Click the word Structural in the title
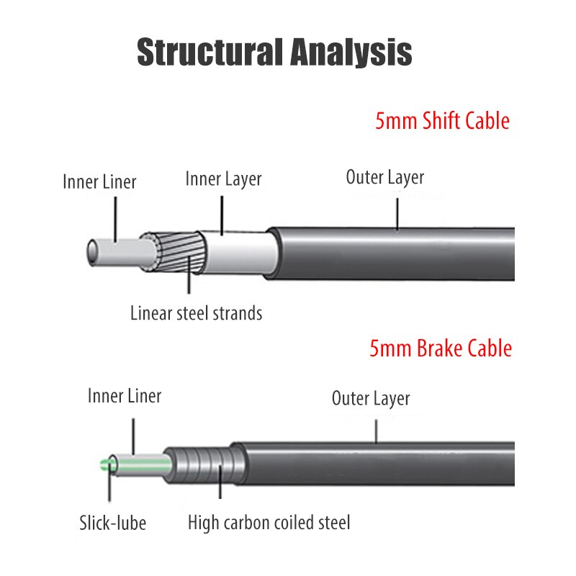(206, 53)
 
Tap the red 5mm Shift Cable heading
(441, 120)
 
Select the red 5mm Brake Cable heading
(440, 349)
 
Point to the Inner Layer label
(223, 179)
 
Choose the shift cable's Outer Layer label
(384, 176)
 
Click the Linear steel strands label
(196, 313)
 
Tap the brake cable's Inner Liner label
(125, 395)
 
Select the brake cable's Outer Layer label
(370, 398)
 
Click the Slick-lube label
(112, 522)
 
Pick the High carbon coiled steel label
(269, 522)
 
